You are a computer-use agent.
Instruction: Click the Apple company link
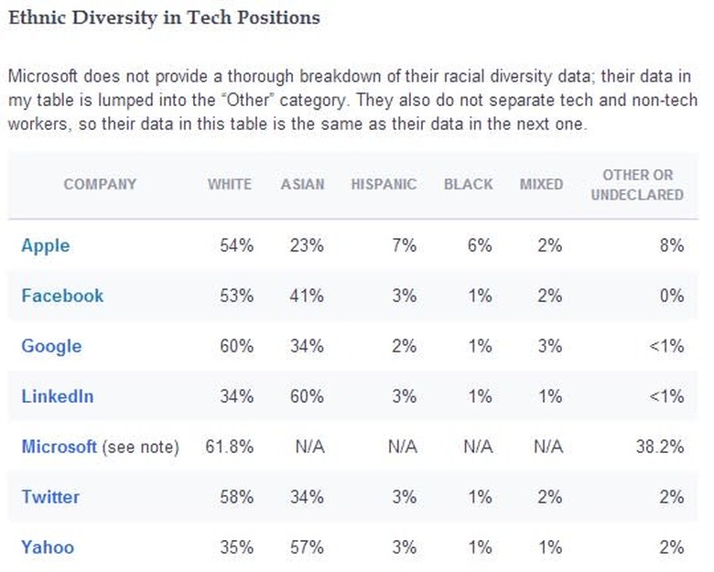(46, 245)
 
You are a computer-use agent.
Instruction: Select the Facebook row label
(62, 296)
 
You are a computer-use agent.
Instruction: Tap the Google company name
(51, 346)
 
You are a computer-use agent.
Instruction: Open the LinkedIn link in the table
(57, 396)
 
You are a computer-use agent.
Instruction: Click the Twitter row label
(50, 497)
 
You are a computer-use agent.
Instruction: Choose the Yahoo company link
(48, 547)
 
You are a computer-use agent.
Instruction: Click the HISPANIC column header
(384, 184)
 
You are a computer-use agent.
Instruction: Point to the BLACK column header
(468, 184)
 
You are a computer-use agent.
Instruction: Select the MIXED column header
(541, 184)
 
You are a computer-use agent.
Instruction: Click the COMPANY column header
(100, 184)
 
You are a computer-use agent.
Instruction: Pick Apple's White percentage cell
(235, 245)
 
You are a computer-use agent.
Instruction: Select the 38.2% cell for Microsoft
(661, 447)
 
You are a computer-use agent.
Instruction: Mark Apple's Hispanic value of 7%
(404, 245)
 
